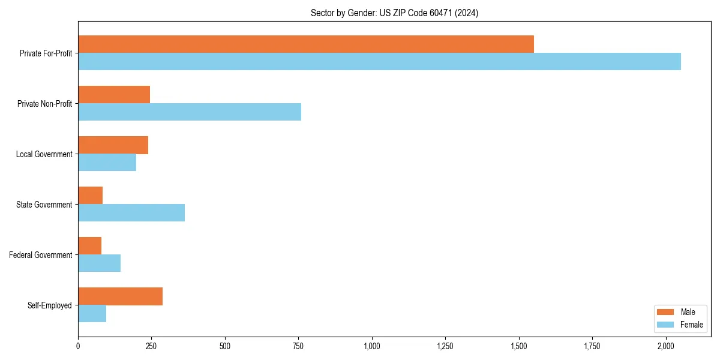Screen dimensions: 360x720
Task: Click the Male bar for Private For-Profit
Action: [x=306, y=44]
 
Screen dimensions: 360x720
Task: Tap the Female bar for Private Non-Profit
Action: [x=190, y=112]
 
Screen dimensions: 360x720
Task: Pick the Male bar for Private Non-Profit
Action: [x=114, y=95]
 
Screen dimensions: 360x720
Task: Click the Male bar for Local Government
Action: [x=113, y=145]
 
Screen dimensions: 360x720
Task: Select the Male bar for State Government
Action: [x=90, y=196]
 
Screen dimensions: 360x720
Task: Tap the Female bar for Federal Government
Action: [x=99, y=263]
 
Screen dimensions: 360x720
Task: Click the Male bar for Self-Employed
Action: [x=120, y=296]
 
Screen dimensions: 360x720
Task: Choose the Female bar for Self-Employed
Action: [x=92, y=314]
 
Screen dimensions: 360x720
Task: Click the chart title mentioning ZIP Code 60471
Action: [x=394, y=13]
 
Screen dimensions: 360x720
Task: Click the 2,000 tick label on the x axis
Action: [x=666, y=346]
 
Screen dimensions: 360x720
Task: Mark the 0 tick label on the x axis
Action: [x=78, y=346]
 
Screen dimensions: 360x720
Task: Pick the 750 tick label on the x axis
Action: [x=298, y=346]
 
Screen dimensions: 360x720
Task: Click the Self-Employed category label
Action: [x=50, y=305]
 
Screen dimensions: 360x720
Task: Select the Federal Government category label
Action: [x=41, y=255]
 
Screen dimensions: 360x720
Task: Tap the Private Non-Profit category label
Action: [x=44, y=104]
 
